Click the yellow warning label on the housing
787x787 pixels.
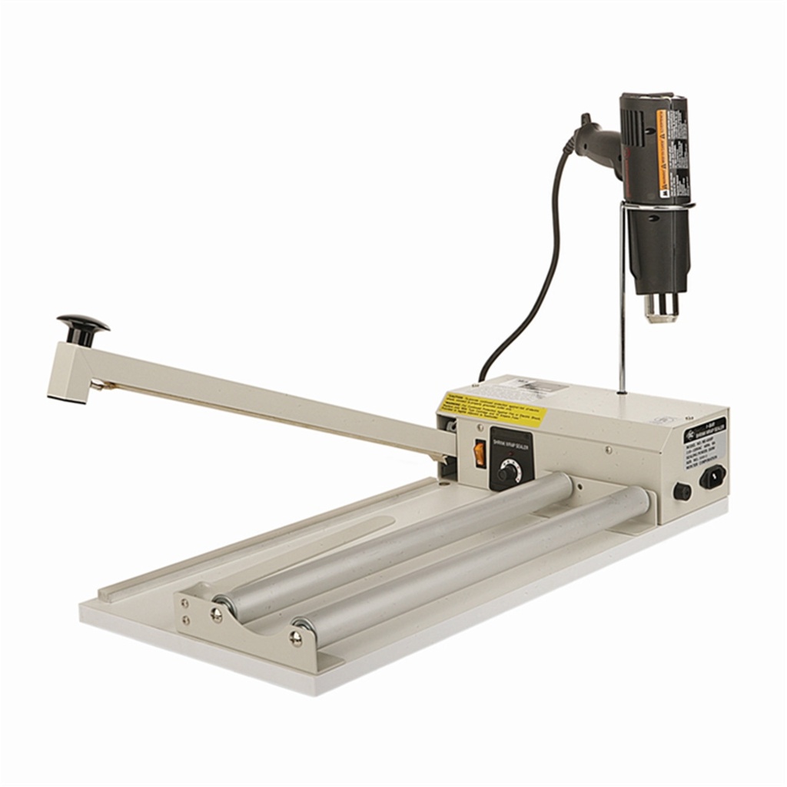492,410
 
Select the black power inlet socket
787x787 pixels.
712,477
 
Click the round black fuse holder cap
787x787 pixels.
681,491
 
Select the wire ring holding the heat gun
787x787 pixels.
657,206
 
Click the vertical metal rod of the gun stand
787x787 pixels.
621,307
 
